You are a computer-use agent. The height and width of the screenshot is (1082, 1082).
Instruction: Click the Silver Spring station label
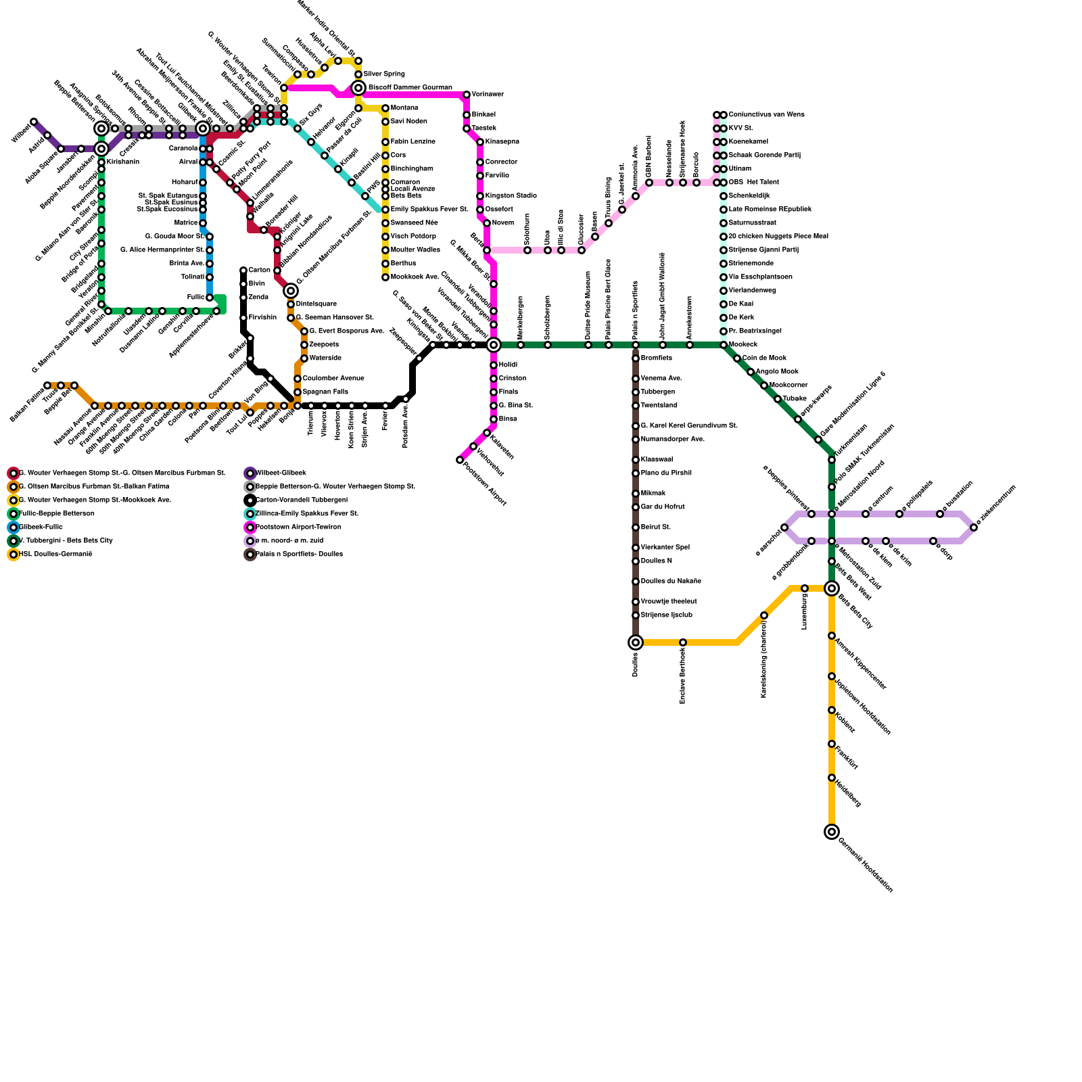pos(384,74)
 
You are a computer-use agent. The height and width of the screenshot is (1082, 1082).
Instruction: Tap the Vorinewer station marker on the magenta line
pos(467,95)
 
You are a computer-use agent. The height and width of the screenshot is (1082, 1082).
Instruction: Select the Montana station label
pos(404,108)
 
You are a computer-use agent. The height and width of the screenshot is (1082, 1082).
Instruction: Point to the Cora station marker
pos(385,156)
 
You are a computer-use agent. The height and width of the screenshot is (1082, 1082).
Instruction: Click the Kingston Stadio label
pos(511,196)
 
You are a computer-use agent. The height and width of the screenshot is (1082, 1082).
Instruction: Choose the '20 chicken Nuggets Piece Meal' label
pos(778,237)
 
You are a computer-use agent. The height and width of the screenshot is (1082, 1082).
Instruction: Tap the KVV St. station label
pos(740,128)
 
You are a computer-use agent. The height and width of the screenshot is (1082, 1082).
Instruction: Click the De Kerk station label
pos(741,318)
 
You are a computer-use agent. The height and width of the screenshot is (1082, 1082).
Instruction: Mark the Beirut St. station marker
pos(636,527)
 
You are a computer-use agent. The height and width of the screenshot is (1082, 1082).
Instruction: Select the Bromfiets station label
pos(657,358)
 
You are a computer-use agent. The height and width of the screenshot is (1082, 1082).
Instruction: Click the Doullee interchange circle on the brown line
pos(636,642)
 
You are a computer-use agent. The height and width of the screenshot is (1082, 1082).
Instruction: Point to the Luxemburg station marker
pos(805,588)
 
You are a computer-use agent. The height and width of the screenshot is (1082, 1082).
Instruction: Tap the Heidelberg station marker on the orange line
pos(832,778)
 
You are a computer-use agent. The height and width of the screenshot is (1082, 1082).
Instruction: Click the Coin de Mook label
pos(764,358)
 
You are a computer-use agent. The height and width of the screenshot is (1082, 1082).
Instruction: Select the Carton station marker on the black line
pos(243,270)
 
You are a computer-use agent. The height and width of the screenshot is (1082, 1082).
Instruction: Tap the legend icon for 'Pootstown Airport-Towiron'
pos(250,527)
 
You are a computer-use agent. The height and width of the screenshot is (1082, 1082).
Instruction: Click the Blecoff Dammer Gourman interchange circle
pos(358,88)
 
